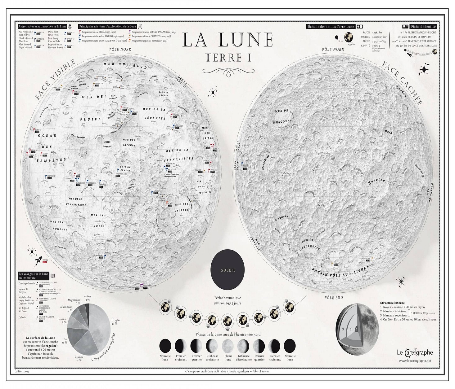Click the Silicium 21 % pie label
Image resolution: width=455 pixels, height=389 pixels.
coord(78,359)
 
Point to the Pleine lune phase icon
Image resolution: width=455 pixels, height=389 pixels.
coord(228,345)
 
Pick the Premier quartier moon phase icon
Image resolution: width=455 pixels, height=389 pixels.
coord(196,345)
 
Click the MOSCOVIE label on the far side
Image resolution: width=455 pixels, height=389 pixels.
coord(282,121)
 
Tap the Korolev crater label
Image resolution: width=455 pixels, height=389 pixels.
coord(376,181)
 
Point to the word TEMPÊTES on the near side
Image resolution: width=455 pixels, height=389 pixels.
coord(51,160)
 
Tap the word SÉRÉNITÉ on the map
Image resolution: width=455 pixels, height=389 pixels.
coord(156,118)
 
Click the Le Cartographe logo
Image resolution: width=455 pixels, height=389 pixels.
coord(415,352)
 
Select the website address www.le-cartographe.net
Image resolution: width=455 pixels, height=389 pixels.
coord(415,361)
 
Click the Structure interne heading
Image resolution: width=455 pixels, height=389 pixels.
coord(392,303)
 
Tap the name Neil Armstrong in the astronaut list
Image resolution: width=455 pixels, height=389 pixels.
coord(25,32)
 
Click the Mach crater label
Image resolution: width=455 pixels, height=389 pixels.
coord(388,132)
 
